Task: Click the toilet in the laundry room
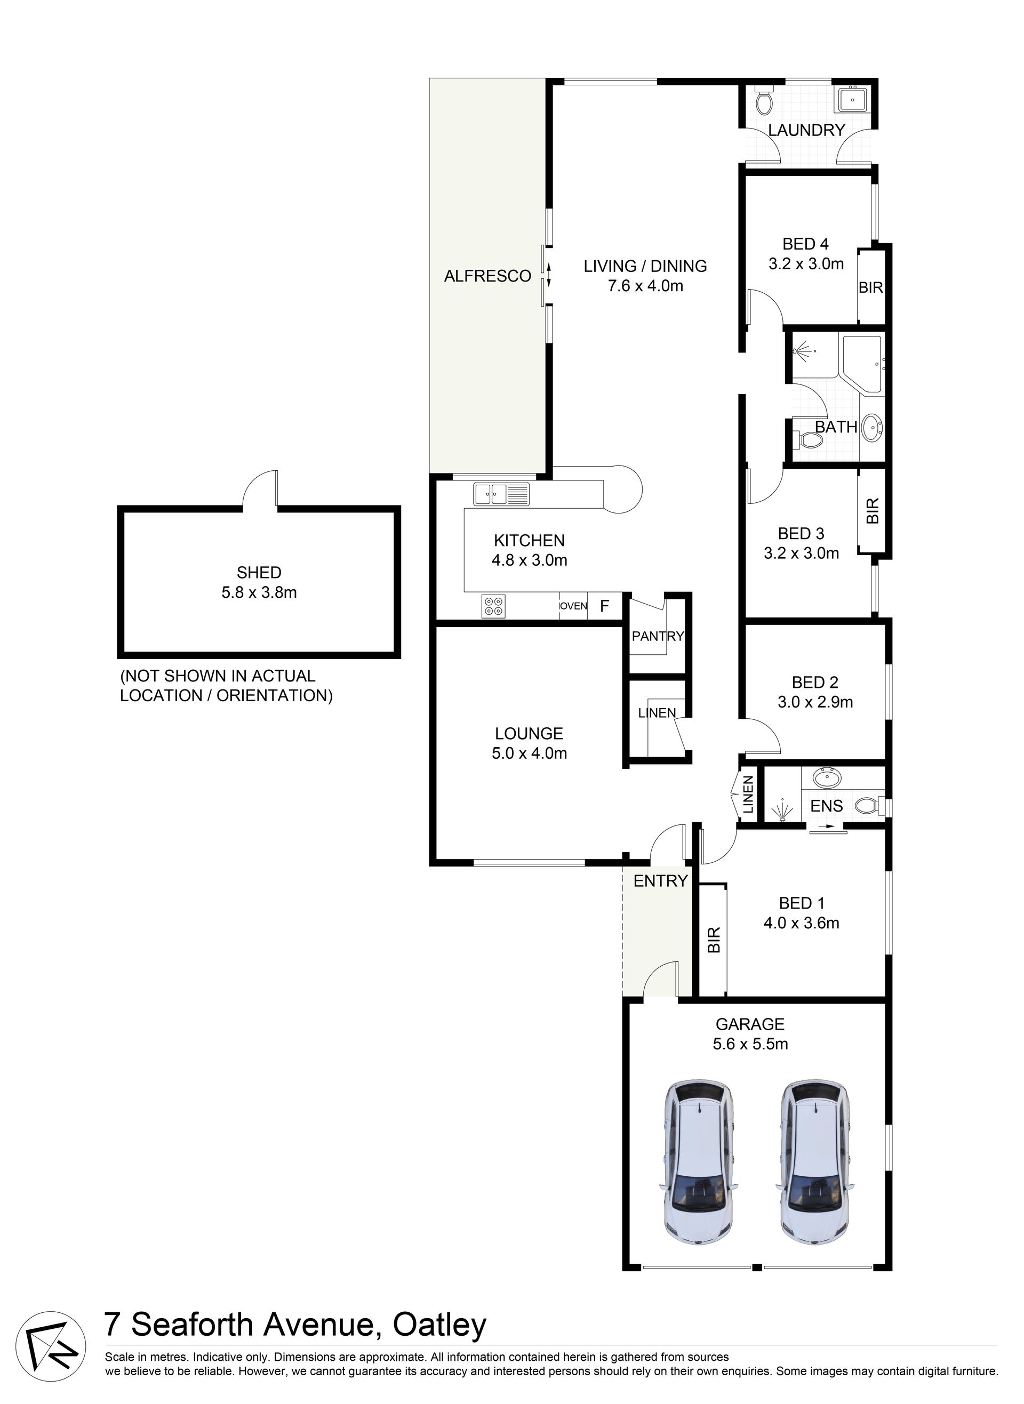tap(764, 100)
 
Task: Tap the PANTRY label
tap(658, 636)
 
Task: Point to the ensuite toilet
tap(869, 806)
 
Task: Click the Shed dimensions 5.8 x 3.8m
tap(259, 592)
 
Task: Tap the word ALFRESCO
tap(488, 276)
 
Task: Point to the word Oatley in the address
tap(439, 1326)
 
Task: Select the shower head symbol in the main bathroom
tap(803, 353)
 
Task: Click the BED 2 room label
tap(815, 682)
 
